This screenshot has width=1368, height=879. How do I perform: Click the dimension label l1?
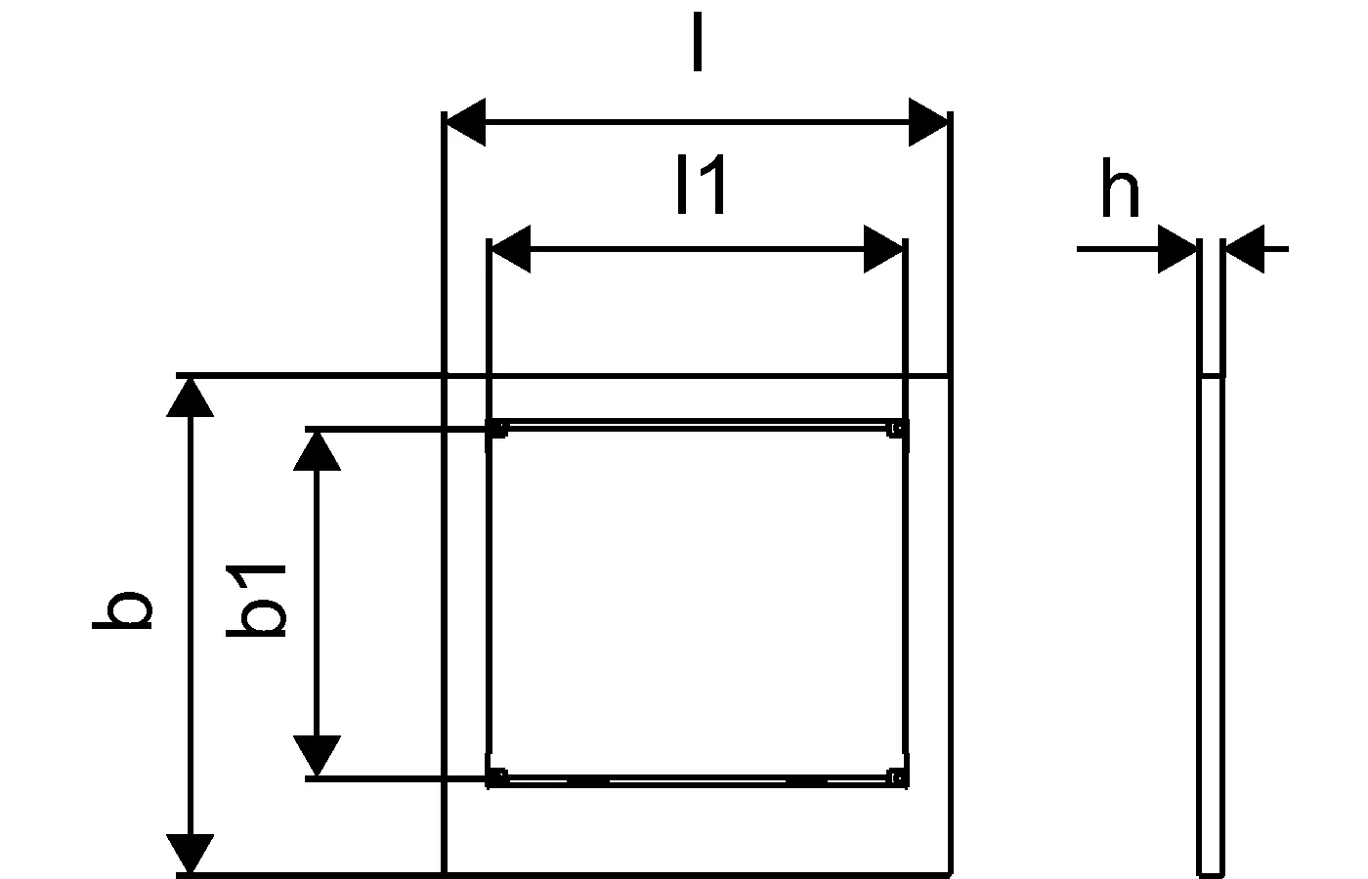coord(702,185)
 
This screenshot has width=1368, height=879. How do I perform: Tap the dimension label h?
coord(1120,188)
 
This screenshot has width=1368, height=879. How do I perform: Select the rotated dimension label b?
coord(121,609)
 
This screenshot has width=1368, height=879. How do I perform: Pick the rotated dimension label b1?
coord(256,602)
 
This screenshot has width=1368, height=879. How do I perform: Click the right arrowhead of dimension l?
coord(928,122)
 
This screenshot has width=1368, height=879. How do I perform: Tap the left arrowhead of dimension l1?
coord(511,249)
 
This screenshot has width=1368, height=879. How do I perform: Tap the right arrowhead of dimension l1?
coord(883,249)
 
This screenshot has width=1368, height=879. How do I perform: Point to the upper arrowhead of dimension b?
coord(190,398)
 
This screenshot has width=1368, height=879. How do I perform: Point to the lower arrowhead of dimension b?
coord(190,854)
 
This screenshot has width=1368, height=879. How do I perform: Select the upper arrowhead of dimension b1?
coord(317,451)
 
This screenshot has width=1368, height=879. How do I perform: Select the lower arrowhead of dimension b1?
coord(317,755)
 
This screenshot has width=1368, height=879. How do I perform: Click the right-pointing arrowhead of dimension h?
coord(1177,249)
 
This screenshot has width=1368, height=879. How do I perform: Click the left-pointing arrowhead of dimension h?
coord(1245,249)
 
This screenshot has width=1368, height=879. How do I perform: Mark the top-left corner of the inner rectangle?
coord(489,421)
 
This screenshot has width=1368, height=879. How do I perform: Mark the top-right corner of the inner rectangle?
coord(906,421)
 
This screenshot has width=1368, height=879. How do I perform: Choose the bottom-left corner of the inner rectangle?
coord(489,785)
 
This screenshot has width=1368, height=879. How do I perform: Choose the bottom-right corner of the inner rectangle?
coord(906,785)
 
